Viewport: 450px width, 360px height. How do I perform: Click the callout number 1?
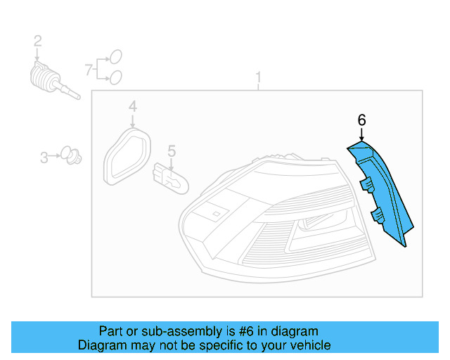[x=258, y=77]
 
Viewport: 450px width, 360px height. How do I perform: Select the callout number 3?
[x=44, y=157]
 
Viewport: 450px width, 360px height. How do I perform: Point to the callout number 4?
[x=131, y=106]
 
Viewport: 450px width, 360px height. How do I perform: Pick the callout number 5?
[x=170, y=150]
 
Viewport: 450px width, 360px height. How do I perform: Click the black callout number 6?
[x=361, y=120]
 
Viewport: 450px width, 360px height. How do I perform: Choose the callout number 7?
[x=89, y=69]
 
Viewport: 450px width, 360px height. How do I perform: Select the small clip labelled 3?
[x=69, y=154]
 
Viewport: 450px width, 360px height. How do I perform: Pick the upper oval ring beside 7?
[x=116, y=57]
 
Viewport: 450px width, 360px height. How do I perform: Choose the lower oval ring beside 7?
[x=116, y=76]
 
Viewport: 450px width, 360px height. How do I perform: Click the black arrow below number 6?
[x=361, y=134]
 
